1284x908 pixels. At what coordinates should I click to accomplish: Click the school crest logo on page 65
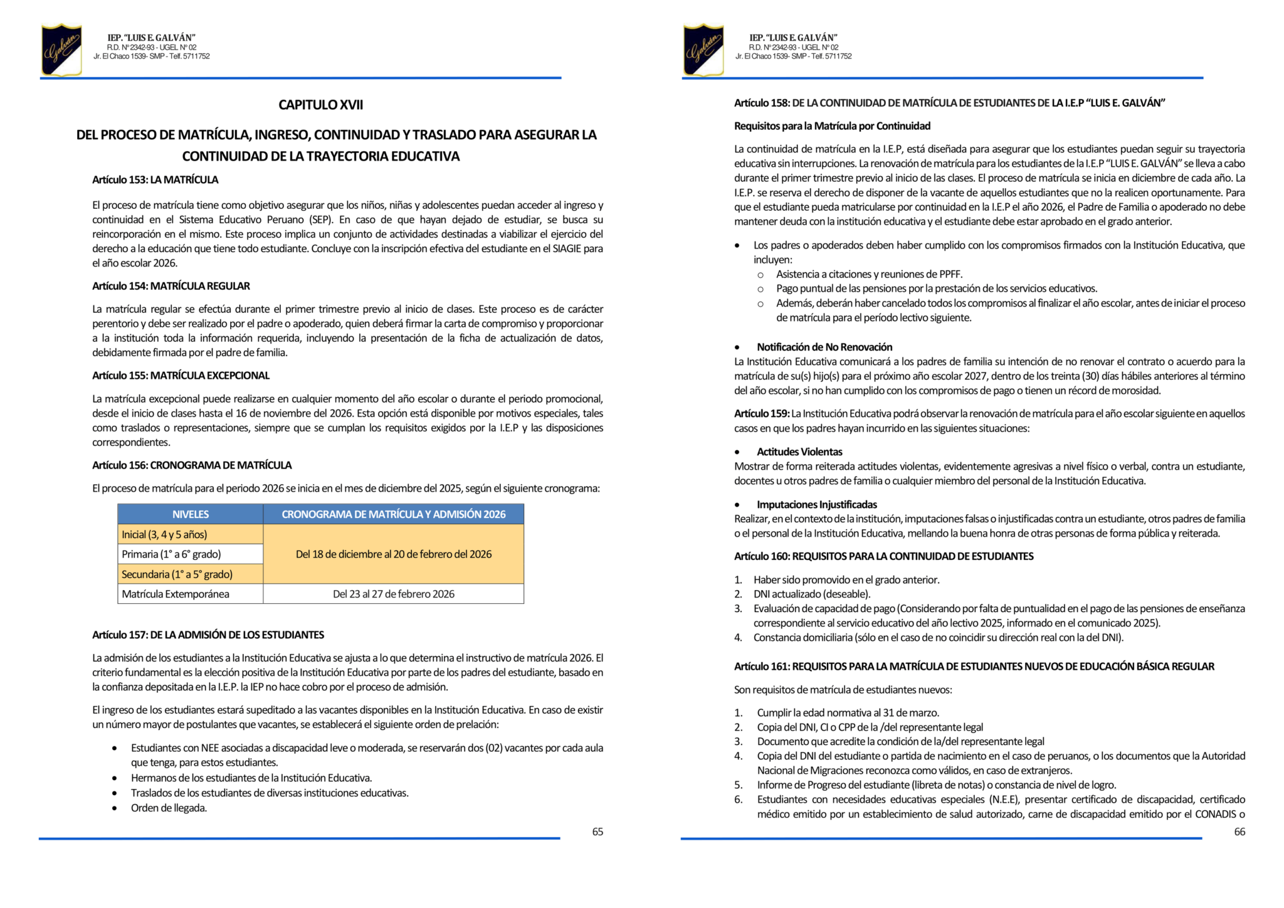pos(61,50)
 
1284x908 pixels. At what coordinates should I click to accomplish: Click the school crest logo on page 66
pos(703,50)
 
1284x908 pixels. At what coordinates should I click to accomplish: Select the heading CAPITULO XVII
pos(320,105)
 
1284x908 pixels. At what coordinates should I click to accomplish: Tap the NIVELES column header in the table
pos(191,514)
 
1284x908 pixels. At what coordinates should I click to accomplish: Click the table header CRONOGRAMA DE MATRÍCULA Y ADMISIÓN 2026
pos(393,514)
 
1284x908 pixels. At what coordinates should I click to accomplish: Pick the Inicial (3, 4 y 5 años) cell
pos(164,534)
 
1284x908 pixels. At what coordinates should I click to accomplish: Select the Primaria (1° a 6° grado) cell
pos(171,554)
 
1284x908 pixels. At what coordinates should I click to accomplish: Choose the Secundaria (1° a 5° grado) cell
pos(177,574)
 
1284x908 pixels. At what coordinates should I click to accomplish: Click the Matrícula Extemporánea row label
pos(176,594)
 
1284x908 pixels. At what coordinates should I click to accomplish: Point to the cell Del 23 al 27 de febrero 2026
pos(393,594)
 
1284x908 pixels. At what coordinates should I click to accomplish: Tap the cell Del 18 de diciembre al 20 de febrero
pos(393,554)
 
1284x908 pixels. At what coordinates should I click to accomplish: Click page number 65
pos(597,831)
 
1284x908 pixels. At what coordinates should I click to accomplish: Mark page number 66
pos(1239,831)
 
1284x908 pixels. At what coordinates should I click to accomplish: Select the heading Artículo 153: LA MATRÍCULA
pos(155,180)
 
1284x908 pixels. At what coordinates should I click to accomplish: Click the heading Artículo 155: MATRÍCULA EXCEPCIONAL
pos(181,376)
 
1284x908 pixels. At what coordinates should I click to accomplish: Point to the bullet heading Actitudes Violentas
pos(799,451)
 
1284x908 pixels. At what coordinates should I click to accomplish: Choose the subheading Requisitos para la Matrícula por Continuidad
pos(832,126)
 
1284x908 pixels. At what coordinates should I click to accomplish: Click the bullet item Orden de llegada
pos(169,808)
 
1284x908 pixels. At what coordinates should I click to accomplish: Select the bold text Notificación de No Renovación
pos(824,347)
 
